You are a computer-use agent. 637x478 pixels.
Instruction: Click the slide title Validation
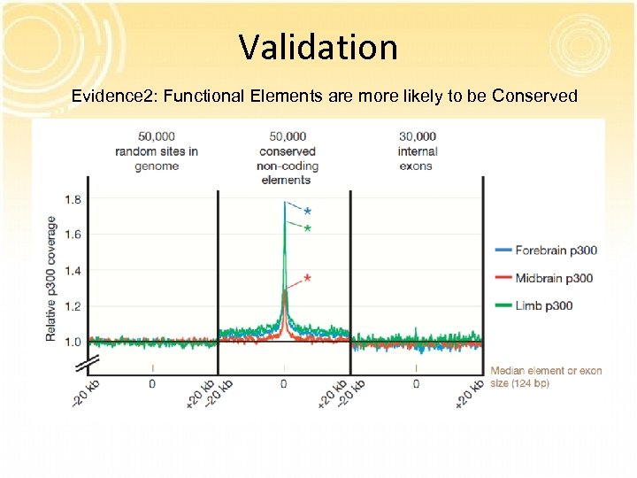[318, 46]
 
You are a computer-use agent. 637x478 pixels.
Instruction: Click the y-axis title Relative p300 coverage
[51, 279]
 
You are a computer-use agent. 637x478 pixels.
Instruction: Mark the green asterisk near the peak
[307, 229]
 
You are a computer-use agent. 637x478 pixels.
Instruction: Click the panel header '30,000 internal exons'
[417, 150]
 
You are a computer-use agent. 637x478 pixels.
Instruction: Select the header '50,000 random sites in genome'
[156, 150]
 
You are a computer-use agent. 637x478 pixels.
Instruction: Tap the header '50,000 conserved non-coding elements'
[288, 158]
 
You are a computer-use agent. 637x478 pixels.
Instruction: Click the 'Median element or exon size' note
[545, 376]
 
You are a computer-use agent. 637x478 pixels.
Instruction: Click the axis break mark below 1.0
[87, 364]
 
